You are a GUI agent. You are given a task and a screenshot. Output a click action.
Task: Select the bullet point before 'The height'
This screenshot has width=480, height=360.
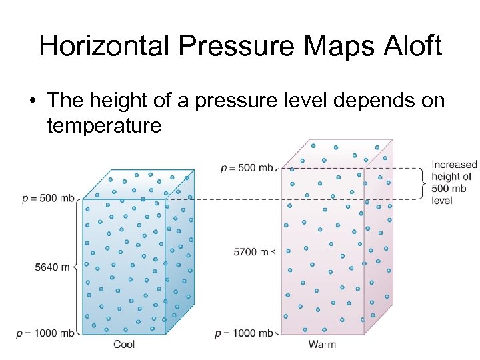(x=32, y=101)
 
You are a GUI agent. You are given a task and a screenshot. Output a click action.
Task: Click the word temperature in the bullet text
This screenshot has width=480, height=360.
(x=104, y=125)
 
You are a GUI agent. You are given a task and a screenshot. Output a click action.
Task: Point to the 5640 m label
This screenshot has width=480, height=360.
(x=53, y=267)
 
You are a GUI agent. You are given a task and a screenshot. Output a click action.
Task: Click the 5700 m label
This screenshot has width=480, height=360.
(x=251, y=251)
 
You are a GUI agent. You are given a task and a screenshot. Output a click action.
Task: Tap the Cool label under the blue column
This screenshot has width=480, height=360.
(x=124, y=344)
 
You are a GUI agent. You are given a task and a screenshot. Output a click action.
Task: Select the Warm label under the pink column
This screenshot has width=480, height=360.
(x=322, y=344)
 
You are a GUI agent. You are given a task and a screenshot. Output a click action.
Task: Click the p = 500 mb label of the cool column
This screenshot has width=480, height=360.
(x=48, y=198)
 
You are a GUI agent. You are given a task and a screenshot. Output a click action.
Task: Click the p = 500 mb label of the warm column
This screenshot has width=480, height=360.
(x=247, y=167)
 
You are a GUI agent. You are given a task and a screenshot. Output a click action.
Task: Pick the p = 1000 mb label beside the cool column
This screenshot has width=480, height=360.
(x=45, y=333)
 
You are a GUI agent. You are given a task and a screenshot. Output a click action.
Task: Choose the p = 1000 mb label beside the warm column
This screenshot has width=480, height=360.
(x=244, y=333)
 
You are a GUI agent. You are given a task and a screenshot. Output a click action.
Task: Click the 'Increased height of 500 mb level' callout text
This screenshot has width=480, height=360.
(x=453, y=182)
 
